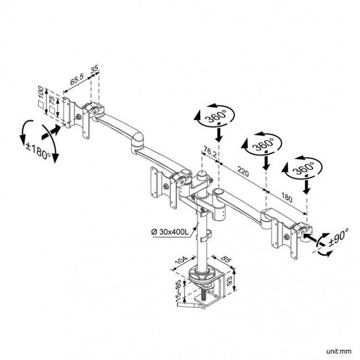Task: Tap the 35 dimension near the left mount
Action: pyautogui.click(x=95, y=70)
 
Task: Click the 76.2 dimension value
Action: pyautogui.click(x=209, y=152)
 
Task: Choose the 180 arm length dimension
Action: pyautogui.click(x=287, y=197)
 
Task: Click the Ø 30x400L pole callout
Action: pyautogui.click(x=172, y=232)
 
